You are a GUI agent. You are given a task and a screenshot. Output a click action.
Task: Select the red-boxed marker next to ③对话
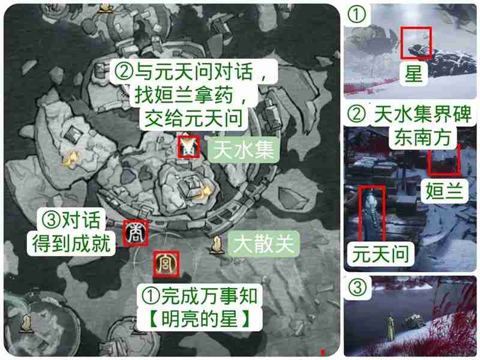point(132,233)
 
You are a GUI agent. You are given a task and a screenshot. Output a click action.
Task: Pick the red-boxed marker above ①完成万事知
point(164,262)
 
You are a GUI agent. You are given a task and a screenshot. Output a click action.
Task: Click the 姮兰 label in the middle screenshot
point(445,191)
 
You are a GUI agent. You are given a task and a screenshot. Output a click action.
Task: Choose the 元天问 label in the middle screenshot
point(380,253)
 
